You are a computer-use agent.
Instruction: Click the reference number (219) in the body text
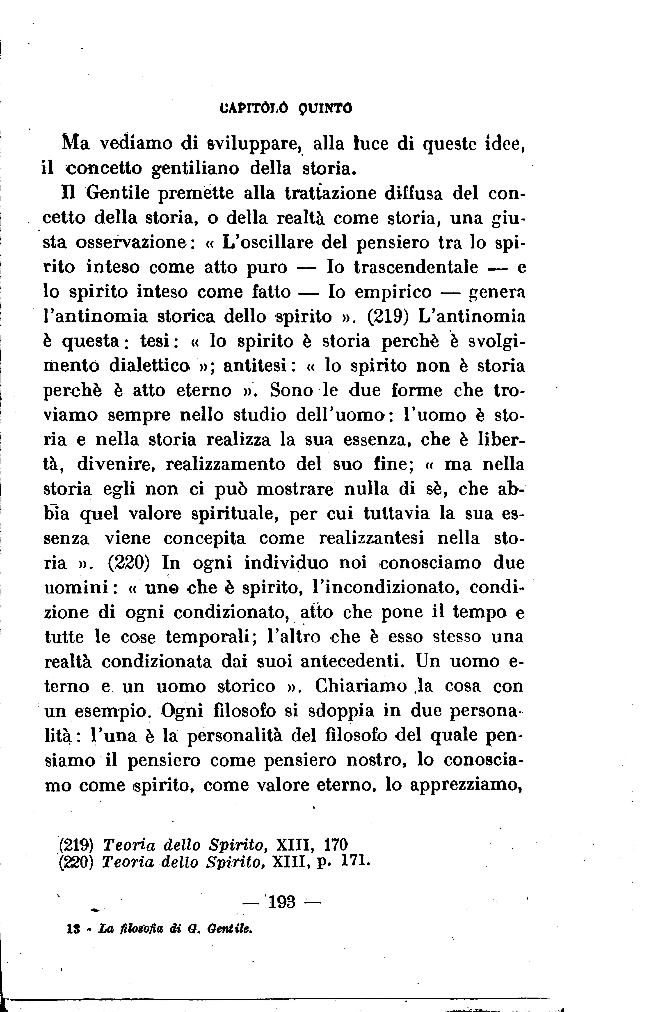point(388,317)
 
